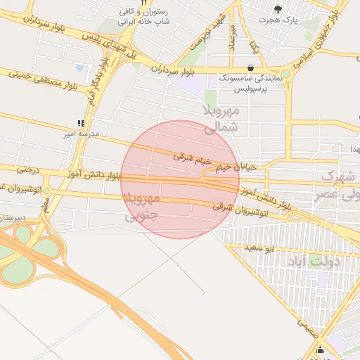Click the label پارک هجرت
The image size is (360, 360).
click(x=280, y=20)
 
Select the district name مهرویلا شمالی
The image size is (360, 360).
click(x=221, y=119)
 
